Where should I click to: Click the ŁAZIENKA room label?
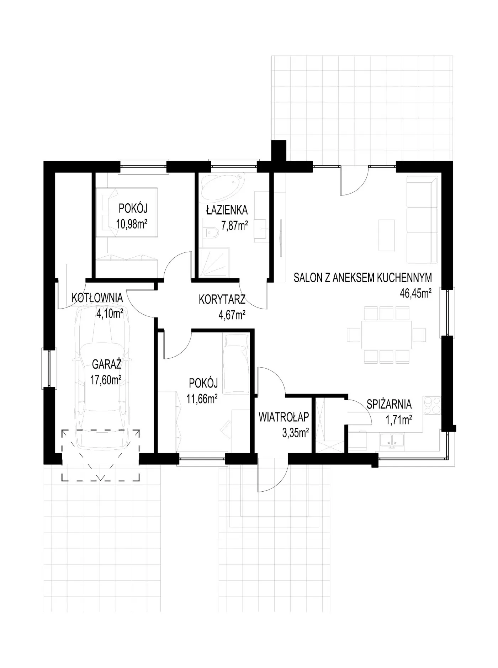227,210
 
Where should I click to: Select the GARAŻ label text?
107,364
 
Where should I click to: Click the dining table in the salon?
386,335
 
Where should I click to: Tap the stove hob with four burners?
432,405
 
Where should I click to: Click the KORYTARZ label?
222,300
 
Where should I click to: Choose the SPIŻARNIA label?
389,404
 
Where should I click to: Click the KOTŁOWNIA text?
97,298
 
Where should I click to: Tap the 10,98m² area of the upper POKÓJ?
132,224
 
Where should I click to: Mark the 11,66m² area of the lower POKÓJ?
202,399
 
